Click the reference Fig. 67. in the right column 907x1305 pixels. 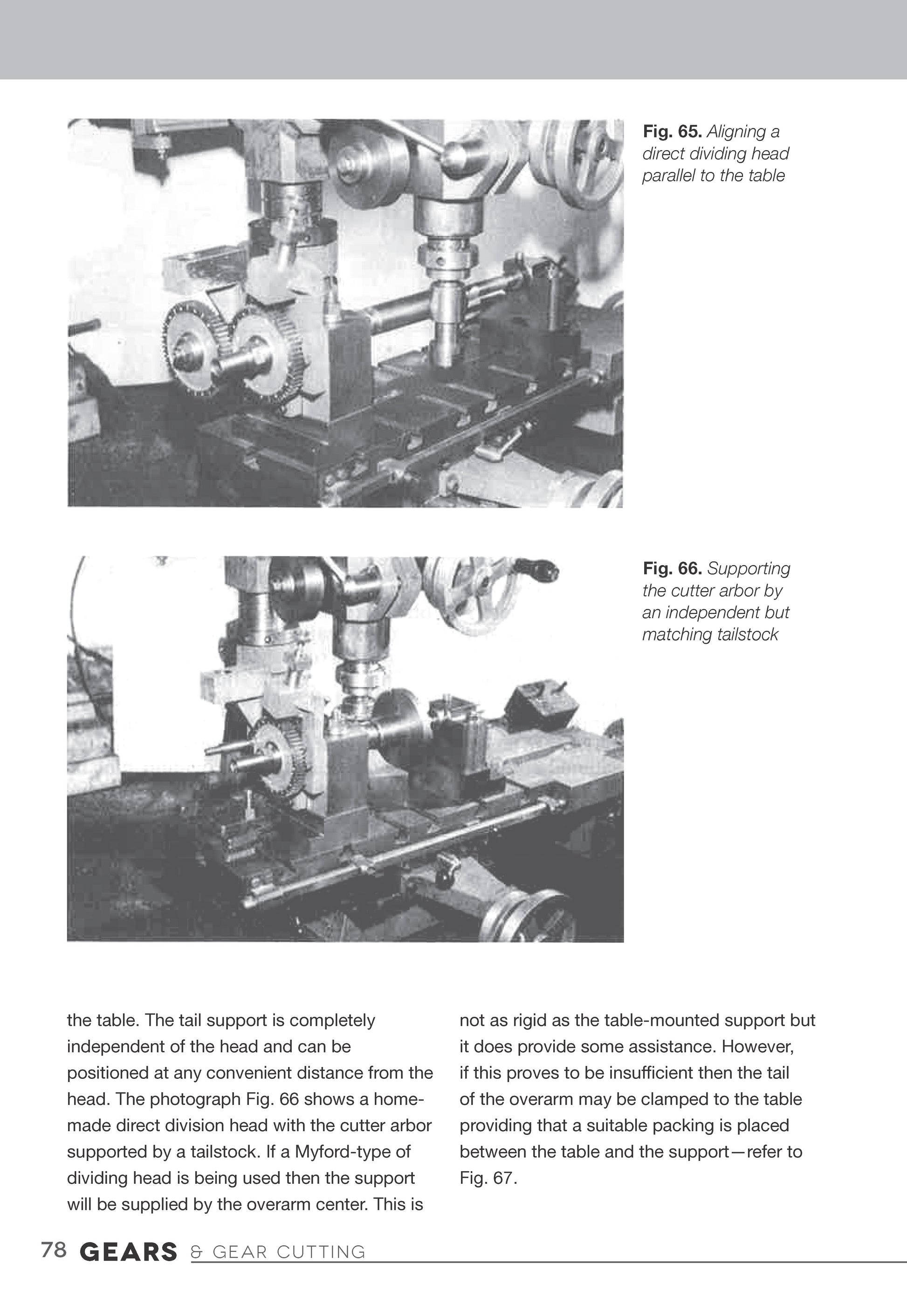488,1178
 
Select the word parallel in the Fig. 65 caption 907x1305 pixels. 668,176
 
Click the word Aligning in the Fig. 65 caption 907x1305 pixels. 736,132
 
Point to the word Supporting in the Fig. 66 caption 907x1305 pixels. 749,568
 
